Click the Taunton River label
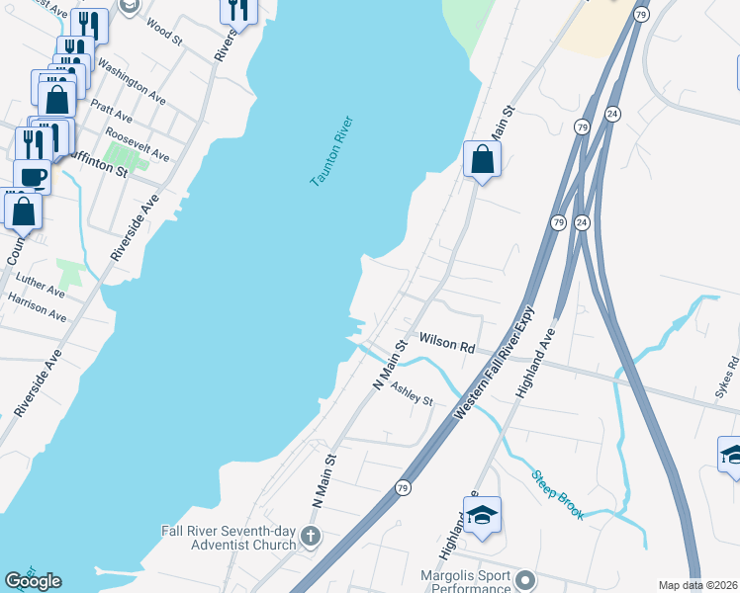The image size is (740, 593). tap(331, 152)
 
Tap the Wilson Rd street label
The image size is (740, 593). tap(447, 343)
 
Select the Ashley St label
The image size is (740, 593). tap(412, 394)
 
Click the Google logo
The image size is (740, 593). tap(33, 581)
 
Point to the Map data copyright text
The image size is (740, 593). tap(698, 585)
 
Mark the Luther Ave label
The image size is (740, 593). tap(40, 283)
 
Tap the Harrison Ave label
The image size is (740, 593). tap(37, 307)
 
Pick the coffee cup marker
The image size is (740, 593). tap(33, 177)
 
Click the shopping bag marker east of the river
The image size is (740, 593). tap(482, 158)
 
